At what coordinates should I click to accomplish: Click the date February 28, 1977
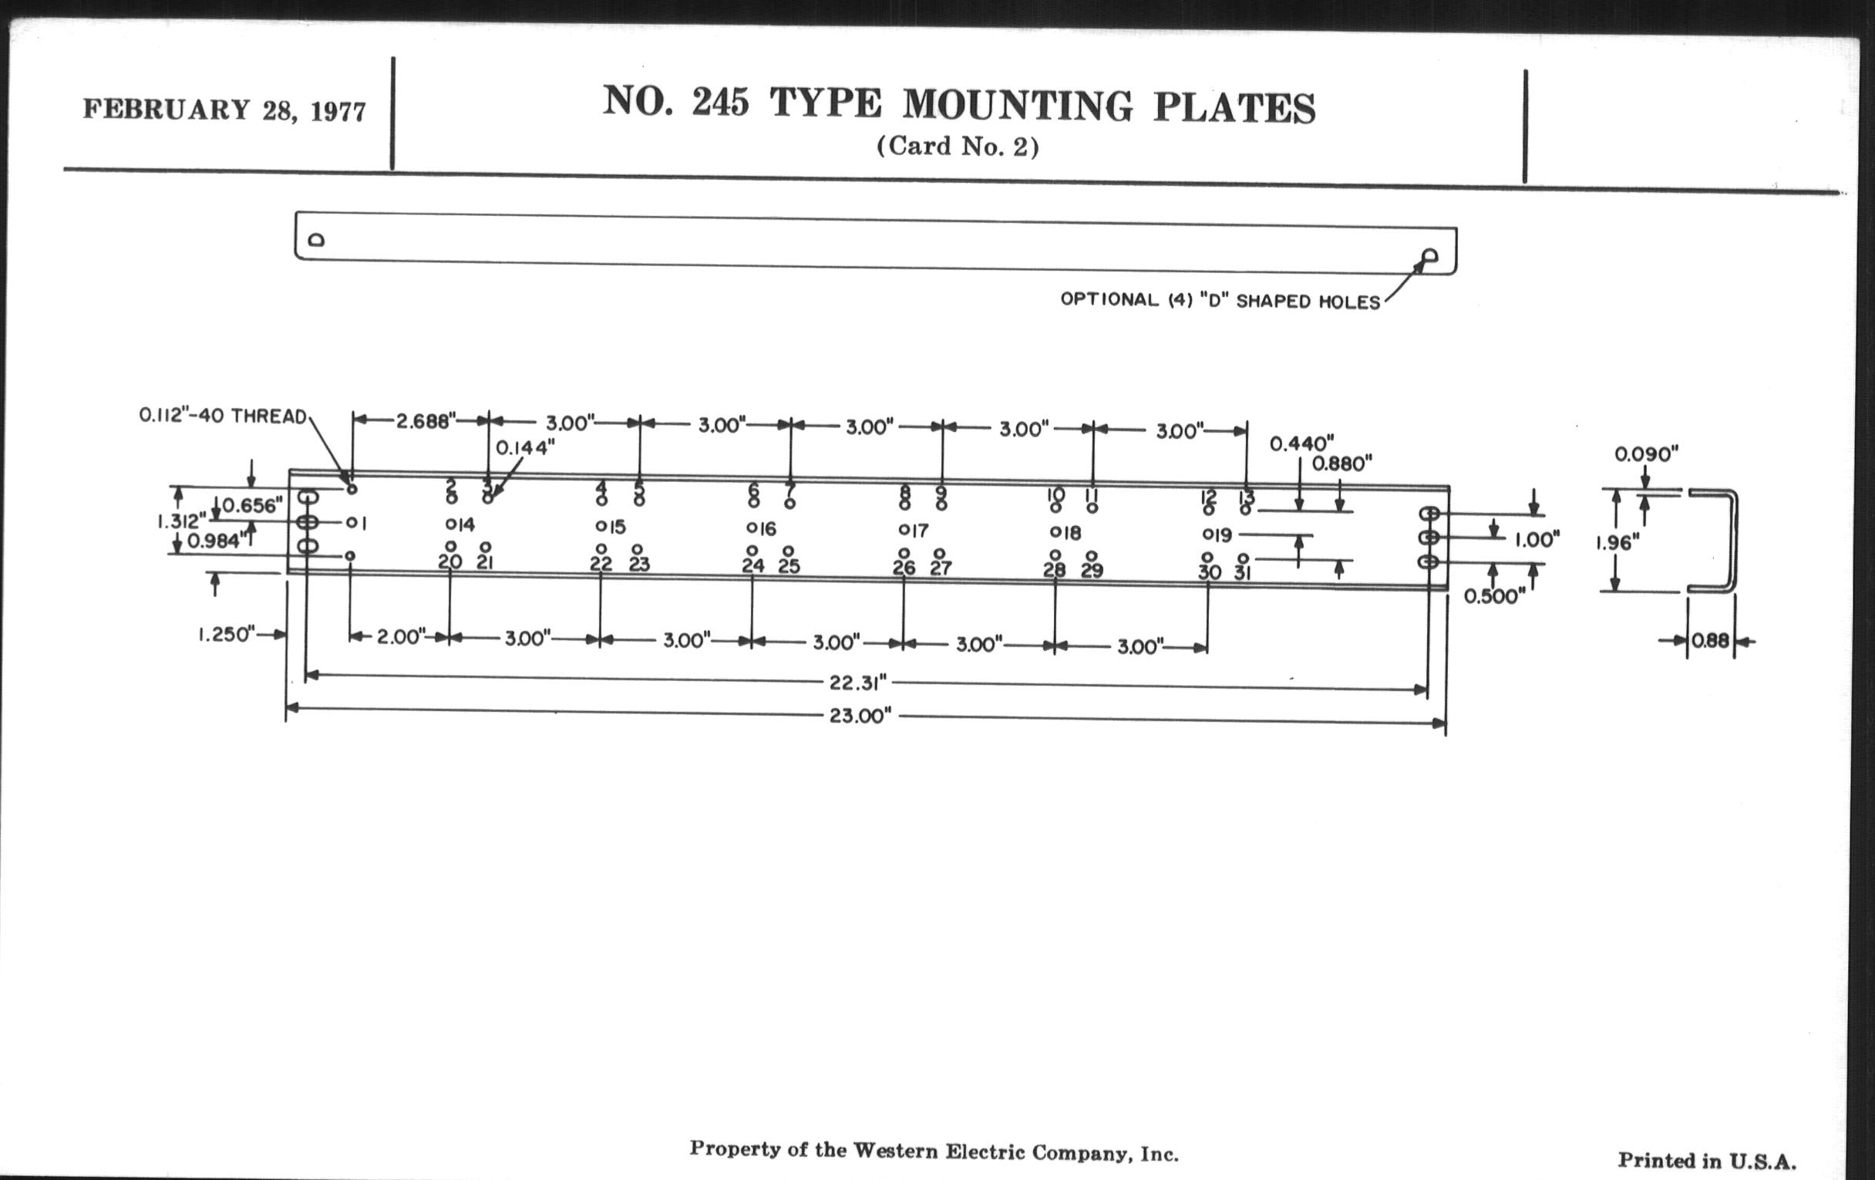(224, 110)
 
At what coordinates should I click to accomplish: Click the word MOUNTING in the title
(1018, 105)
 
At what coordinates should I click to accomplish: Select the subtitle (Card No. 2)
(958, 147)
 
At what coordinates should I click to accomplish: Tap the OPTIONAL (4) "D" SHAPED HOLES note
(1220, 301)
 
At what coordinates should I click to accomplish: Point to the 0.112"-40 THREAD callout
(223, 416)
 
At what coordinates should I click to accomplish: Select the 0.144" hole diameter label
(526, 448)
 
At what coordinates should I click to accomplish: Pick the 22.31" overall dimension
(857, 683)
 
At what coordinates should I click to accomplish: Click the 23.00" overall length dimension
(860, 716)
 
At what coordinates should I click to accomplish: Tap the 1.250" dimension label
(227, 635)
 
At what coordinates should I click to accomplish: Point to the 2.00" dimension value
(401, 636)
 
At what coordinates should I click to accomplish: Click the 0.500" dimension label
(1494, 597)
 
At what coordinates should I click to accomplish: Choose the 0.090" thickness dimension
(1646, 453)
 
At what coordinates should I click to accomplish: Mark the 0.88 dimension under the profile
(1711, 641)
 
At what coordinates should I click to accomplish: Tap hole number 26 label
(904, 568)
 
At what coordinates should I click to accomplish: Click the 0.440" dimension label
(1302, 443)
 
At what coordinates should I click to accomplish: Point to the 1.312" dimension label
(182, 521)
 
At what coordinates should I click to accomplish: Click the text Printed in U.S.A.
(1707, 1161)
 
